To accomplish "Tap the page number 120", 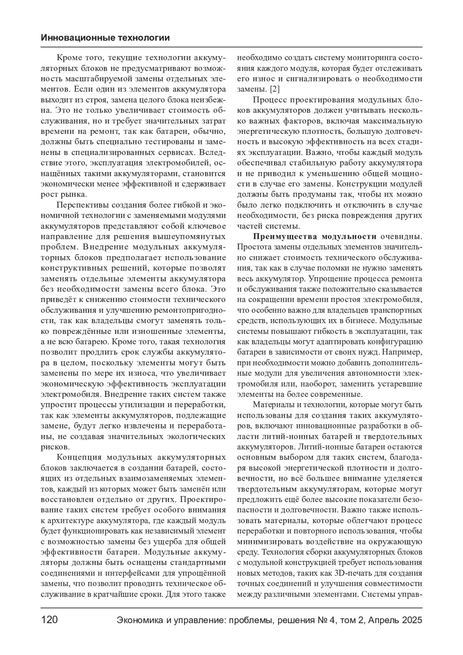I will (x=49, y=620).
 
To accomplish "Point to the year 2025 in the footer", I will (x=411, y=620).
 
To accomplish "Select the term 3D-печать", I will (x=348, y=573).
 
